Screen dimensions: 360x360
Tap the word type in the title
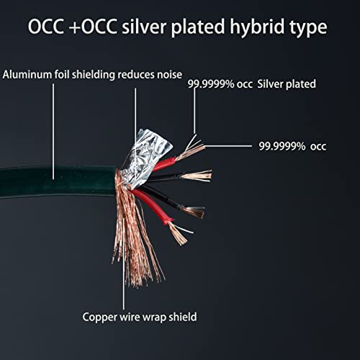[x=308, y=27]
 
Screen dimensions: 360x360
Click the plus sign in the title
[x=74, y=28]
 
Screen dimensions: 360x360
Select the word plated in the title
[x=198, y=27]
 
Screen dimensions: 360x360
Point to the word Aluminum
[x=27, y=74]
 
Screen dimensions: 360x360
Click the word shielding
[x=94, y=75]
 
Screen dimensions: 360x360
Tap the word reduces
[x=136, y=75]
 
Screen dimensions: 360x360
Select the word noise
[x=169, y=75]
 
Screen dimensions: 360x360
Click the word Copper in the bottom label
[x=100, y=318]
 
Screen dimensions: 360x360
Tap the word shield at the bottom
[x=183, y=317]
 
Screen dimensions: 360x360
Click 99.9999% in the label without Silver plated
[x=282, y=146]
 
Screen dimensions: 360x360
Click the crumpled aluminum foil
[x=146, y=157]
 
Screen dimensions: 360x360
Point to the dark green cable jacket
[x=58, y=181]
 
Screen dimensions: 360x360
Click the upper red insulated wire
[x=164, y=164]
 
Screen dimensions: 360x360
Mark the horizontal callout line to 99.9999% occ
[x=228, y=146]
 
